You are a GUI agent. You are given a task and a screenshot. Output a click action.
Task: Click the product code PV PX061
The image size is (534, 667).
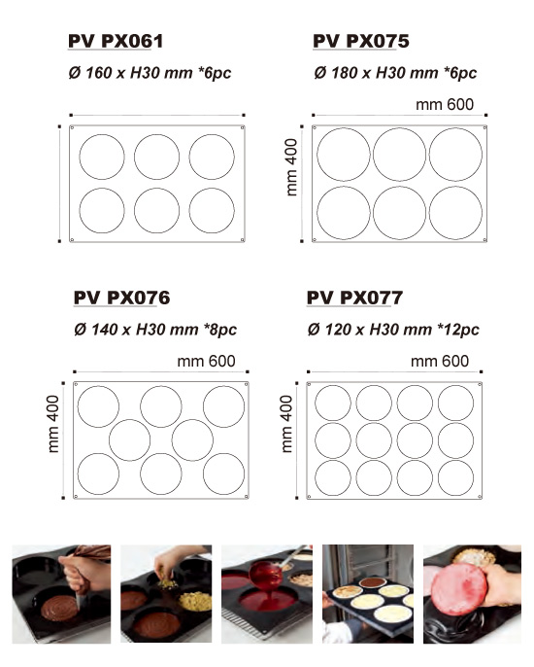116,41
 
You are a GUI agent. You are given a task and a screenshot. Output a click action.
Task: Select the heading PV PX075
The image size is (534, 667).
360,41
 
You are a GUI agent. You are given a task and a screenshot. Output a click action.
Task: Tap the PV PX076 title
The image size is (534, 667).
122,298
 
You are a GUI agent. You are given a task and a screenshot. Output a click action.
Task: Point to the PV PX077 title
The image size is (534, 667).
354,298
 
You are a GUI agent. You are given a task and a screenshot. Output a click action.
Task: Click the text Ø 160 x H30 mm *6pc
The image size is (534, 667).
150,73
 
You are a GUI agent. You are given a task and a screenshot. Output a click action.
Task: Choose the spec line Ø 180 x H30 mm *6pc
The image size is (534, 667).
395,73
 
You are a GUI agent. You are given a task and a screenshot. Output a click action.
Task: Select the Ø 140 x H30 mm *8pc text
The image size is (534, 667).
155,330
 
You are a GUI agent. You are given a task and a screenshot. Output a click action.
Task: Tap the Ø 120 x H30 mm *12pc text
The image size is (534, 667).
393,330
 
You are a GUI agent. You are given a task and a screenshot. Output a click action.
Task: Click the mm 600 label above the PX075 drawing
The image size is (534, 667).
445,105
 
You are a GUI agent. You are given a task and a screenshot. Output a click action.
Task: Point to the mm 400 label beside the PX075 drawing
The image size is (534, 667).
291,167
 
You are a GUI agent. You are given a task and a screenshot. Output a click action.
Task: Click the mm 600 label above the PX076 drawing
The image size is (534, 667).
206,362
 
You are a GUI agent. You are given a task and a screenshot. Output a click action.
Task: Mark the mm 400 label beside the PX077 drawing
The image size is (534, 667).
286,424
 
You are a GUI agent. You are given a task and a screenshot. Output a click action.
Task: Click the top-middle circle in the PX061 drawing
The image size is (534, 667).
156,157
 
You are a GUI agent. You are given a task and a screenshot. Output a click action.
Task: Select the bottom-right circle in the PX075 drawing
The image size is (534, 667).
455,213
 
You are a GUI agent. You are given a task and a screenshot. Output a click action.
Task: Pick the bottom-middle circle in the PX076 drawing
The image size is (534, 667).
161,474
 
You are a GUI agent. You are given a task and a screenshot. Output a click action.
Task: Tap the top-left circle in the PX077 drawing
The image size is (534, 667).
333,403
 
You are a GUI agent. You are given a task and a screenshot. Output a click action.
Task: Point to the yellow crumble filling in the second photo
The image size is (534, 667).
195,602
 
